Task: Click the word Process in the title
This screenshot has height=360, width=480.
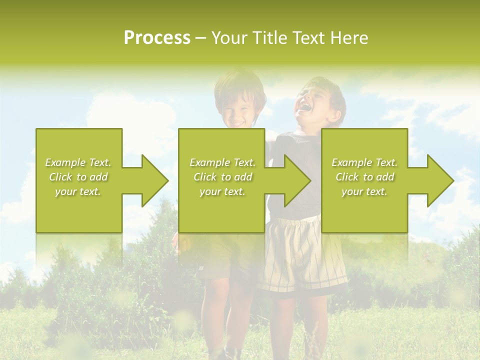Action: click(157, 38)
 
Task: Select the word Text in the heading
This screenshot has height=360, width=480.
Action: click(308, 38)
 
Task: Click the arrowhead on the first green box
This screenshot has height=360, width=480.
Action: click(153, 180)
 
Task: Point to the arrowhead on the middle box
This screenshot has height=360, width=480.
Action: click(295, 180)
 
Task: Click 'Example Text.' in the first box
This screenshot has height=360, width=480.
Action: click(78, 162)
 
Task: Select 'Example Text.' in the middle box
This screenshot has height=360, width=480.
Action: click(222, 162)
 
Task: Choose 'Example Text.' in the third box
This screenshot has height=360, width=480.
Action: click(364, 162)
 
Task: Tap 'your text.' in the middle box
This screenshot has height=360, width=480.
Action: click(222, 191)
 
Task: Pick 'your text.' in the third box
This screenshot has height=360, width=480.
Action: click(364, 191)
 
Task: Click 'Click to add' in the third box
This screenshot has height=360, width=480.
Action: click(364, 177)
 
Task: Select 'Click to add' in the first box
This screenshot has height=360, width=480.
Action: click(78, 177)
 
